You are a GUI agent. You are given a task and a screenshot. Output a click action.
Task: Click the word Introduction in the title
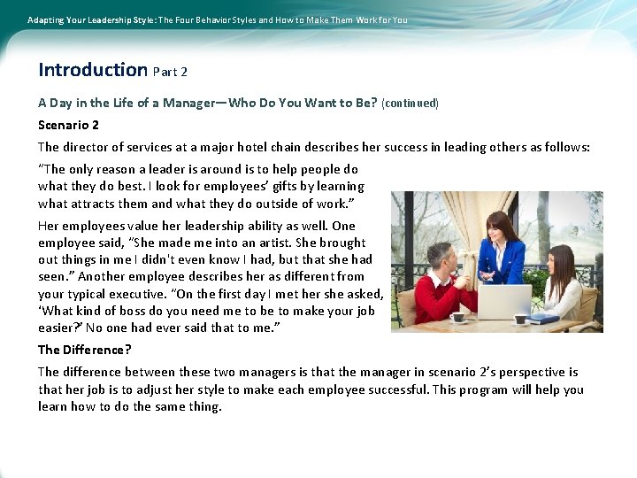pyautogui.click(x=93, y=69)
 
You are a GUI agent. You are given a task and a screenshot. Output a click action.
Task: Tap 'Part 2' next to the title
pyautogui.click(x=170, y=71)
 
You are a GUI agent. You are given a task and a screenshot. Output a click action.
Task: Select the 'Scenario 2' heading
pyautogui.click(x=68, y=125)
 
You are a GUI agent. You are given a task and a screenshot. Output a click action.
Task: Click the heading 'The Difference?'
pyautogui.click(x=84, y=350)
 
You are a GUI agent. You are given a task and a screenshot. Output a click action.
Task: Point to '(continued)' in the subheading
pyautogui.click(x=410, y=103)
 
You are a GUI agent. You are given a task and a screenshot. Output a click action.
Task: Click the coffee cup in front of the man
pyautogui.click(x=457, y=318)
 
